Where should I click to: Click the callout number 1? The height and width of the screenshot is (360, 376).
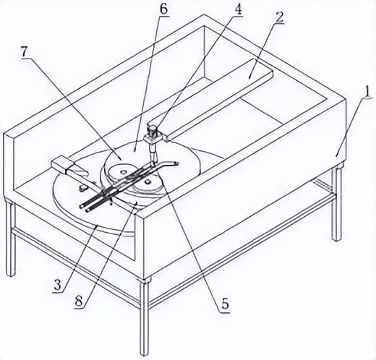[x=367, y=93]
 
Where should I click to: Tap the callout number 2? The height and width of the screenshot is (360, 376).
[x=279, y=17]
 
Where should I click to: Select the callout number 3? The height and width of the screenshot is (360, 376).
[x=58, y=286]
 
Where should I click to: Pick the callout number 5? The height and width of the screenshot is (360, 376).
[x=225, y=304]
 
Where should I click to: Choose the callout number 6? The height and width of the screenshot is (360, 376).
[x=163, y=9]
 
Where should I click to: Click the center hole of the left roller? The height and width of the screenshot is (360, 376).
[x=124, y=172]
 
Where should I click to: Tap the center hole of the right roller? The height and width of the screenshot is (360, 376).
[x=146, y=182]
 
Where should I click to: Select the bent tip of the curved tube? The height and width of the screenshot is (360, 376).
[x=176, y=163]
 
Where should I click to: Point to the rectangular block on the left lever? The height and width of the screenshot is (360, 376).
[x=61, y=164]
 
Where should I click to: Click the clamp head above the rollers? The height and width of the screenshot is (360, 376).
[x=152, y=136]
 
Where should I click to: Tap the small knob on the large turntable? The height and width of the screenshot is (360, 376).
[x=82, y=187]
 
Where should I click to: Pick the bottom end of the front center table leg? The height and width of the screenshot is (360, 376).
[x=145, y=353]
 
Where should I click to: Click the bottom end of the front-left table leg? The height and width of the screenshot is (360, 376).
[x=10, y=274]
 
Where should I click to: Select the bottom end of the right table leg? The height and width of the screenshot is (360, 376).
[x=336, y=239]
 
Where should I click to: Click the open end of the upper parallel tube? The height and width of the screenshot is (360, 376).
[x=82, y=207]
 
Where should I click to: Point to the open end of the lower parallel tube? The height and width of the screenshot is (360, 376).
[x=87, y=210]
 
